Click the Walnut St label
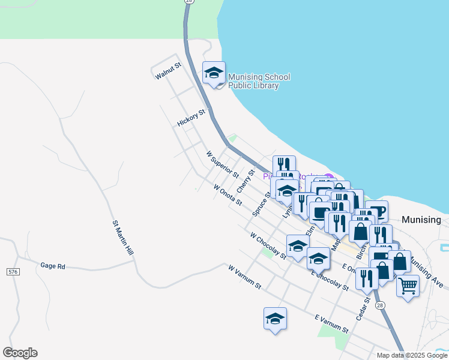[x=167, y=71]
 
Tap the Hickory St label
[x=191, y=118]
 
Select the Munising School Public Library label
[x=259, y=81]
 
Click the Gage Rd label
[x=52, y=265]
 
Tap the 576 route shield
[x=13, y=272]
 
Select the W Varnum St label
[x=244, y=277]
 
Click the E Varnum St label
[x=331, y=322]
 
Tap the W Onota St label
[x=228, y=194]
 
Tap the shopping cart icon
[x=408, y=286]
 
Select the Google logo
[x=20, y=353]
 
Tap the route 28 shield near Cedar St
[x=380, y=306]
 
